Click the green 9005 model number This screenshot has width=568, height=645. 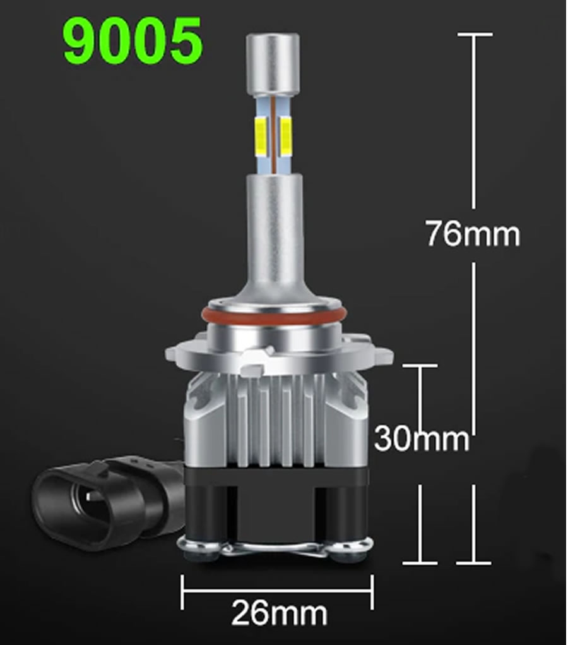[133, 40]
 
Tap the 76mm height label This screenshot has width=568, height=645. [473, 234]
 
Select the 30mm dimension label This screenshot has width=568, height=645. [422, 438]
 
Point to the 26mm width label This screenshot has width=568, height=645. [280, 613]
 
